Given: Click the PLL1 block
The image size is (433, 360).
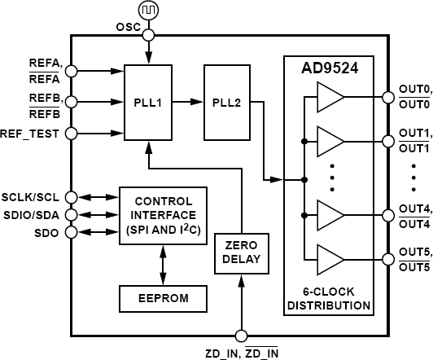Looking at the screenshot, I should click(147, 103).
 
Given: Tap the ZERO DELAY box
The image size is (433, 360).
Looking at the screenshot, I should click(240, 252).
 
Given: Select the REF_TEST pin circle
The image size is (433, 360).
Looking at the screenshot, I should click(71, 134).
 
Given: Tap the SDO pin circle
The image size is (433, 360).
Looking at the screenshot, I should click(71, 232).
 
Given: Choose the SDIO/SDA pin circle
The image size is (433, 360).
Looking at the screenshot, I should click(71, 215).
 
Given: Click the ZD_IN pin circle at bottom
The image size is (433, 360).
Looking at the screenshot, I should click(240, 335).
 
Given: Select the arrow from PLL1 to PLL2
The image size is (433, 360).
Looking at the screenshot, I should click(188, 103).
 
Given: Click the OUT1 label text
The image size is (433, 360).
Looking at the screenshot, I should click(414, 133).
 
